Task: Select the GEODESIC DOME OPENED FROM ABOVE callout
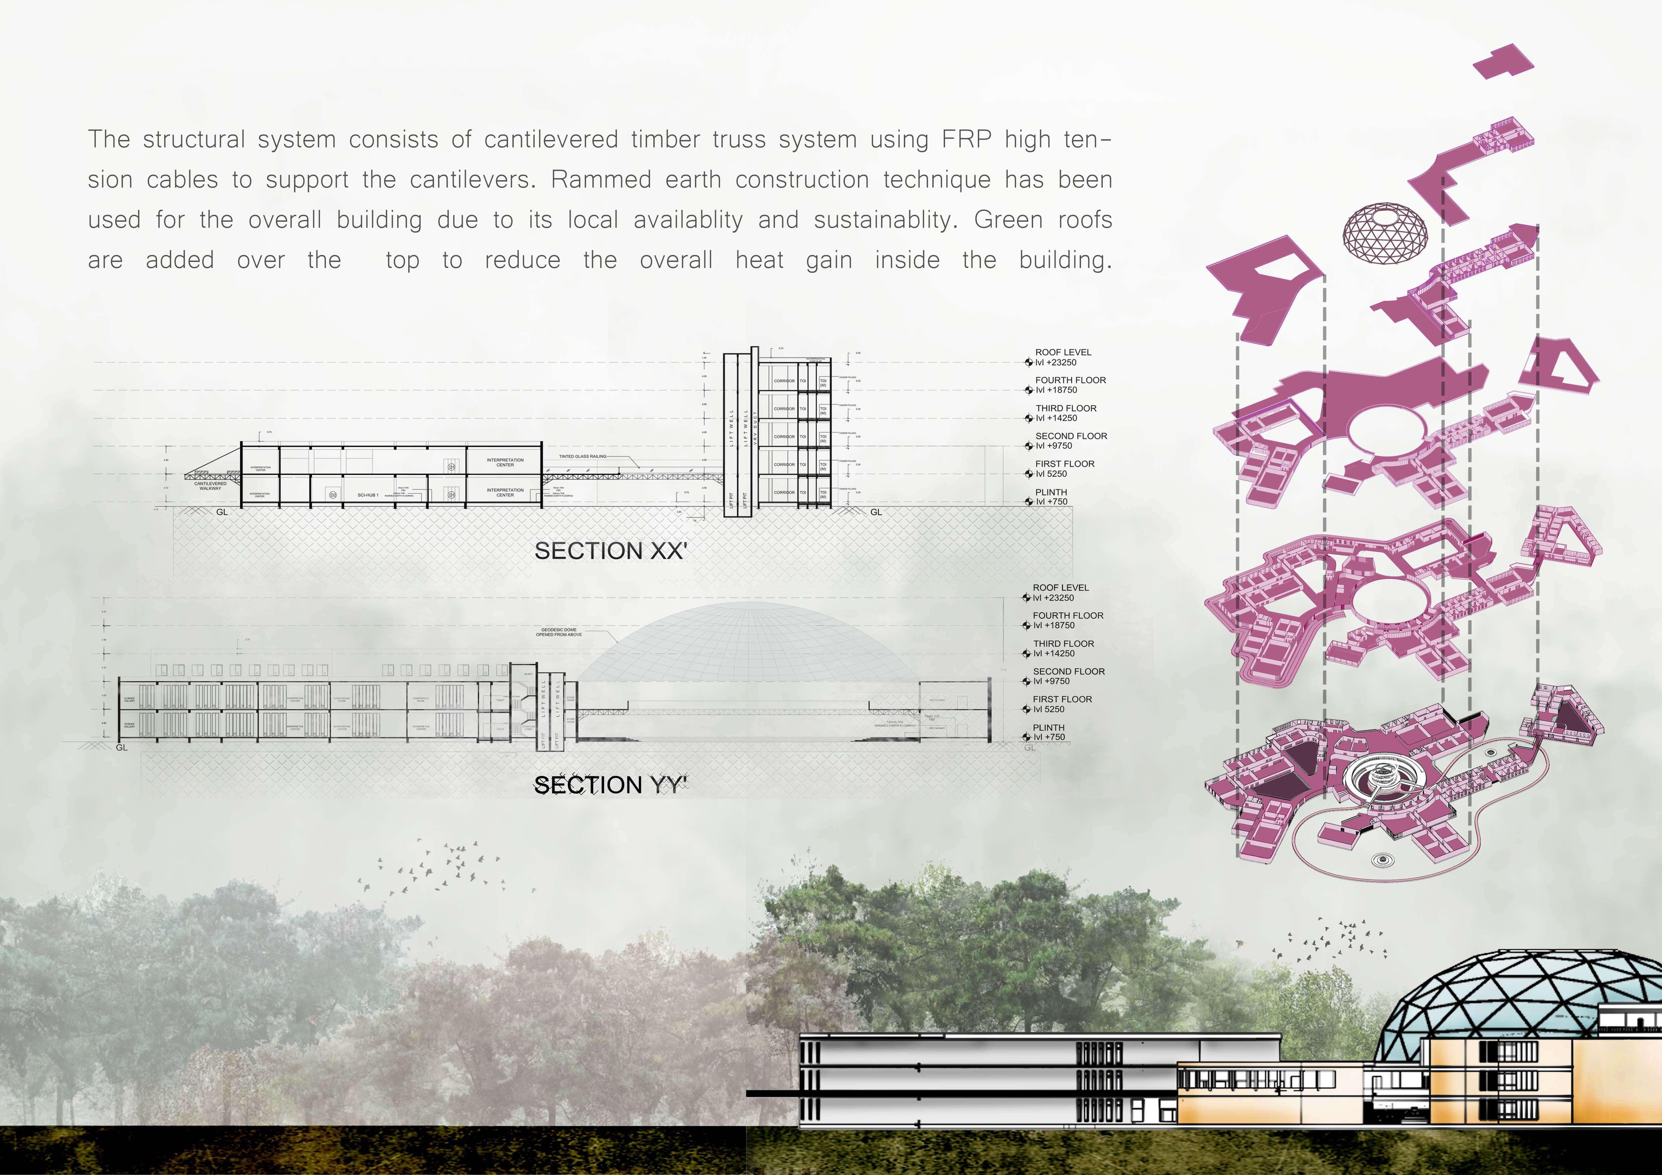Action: [558, 632]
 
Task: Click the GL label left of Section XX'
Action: [222, 512]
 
